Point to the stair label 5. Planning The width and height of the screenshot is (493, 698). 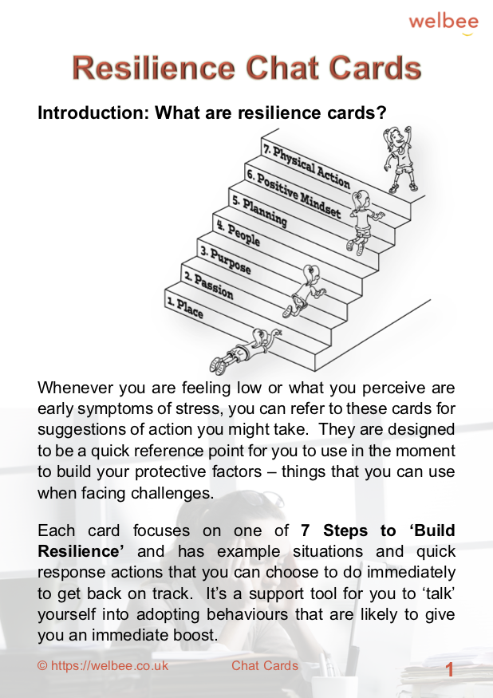258,211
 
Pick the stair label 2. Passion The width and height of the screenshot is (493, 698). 208,286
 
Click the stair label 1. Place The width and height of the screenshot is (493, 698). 185,307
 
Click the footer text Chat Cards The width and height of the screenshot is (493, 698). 265,666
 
